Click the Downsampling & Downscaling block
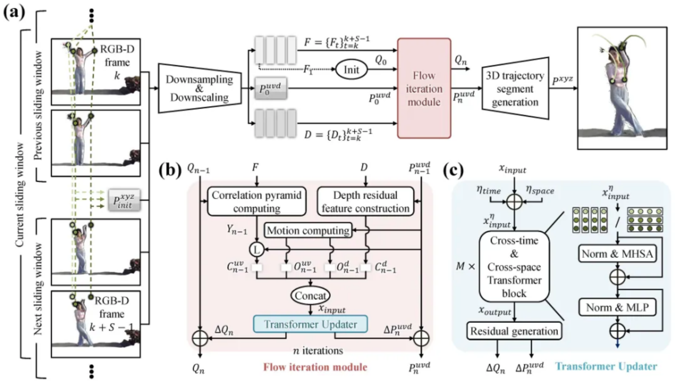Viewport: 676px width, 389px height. pos(199,88)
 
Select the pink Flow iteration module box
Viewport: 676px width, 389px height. pos(424,88)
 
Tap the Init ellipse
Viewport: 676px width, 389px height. pos(351,70)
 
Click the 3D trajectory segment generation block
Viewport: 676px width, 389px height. pos(515,89)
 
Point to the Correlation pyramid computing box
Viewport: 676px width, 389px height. pos(256,202)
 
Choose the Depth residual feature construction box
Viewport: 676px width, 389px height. pos(365,202)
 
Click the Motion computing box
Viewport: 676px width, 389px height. pos(308,231)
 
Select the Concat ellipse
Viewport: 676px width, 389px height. pos(310,296)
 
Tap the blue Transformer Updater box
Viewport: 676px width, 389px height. pos(310,324)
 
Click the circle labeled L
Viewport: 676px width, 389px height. pos(256,249)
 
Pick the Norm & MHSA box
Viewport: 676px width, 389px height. pos(617,254)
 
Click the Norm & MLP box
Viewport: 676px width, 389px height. pos(617,308)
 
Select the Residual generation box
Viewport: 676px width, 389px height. pos(514,331)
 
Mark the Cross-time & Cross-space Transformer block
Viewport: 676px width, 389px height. pos(514,267)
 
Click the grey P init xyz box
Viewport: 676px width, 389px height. pos(124,200)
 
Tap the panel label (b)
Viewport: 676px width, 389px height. pos(169,170)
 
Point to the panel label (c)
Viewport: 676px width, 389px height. pos(453,170)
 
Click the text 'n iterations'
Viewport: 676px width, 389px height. pos(318,350)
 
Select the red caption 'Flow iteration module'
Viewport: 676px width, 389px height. pos(315,367)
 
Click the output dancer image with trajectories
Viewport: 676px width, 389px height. pos(622,88)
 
